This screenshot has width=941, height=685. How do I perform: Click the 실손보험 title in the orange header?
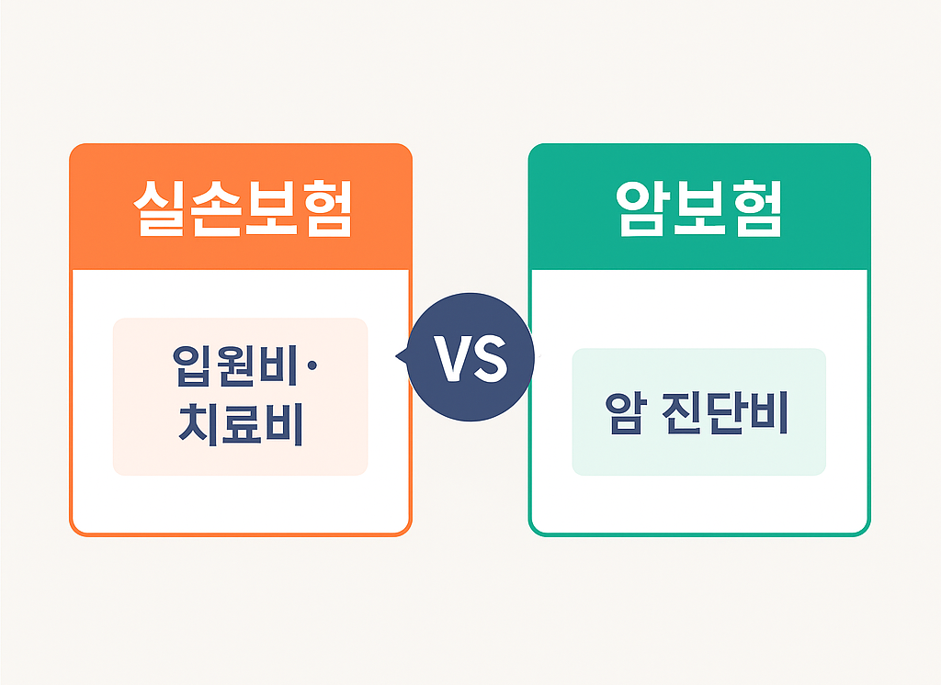coord(241,208)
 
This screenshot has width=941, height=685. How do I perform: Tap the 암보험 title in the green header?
coord(698,208)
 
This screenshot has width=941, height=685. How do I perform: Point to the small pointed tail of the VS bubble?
coord(400,356)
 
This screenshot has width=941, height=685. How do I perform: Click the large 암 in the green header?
coord(643,208)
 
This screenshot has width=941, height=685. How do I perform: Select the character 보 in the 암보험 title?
coord(698,208)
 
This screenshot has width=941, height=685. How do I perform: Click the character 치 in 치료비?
coord(193,425)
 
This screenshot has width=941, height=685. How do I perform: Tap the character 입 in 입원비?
coord(189,365)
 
